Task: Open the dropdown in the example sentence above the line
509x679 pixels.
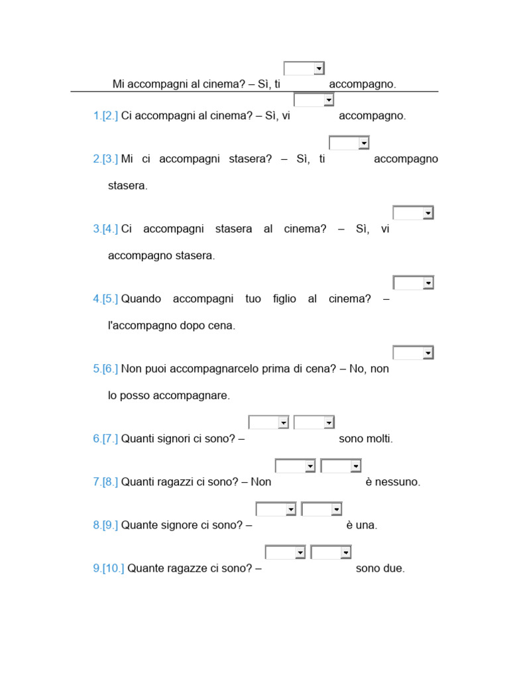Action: pyautogui.click(x=304, y=68)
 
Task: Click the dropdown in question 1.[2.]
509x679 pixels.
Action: pyautogui.click(x=313, y=100)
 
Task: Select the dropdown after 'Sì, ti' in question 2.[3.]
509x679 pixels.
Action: pyautogui.click(x=349, y=143)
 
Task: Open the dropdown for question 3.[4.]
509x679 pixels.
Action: pyautogui.click(x=413, y=213)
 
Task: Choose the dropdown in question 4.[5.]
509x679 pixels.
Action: pyautogui.click(x=413, y=282)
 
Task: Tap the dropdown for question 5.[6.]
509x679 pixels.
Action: pyautogui.click(x=413, y=353)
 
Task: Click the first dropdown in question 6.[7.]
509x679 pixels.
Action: pyautogui.click(x=269, y=422)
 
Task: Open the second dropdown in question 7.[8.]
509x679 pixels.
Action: pyautogui.click(x=341, y=466)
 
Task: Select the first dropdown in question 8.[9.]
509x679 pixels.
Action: pyautogui.click(x=276, y=509)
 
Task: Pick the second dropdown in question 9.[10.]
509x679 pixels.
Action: pyautogui.click(x=331, y=552)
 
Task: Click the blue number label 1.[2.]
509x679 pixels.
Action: pyautogui.click(x=105, y=115)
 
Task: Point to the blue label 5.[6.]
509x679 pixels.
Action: pyautogui.click(x=105, y=369)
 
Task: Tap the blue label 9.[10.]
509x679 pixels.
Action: pyautogui.click(x=108, y=568)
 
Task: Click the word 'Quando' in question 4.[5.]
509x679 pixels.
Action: pyautogui.click(x=141, y=299)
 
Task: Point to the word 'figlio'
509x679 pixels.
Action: pyautogui.click(x=284, y=299)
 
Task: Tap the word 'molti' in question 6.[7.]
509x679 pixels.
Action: pyautogui.click(x=379, y=439)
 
